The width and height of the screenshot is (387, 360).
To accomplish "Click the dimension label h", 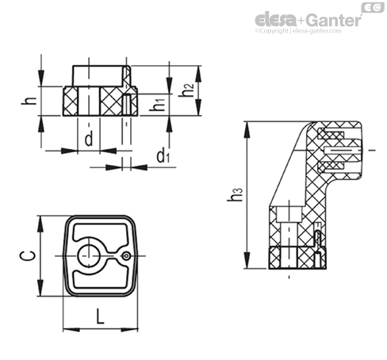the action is [x=29, y=101].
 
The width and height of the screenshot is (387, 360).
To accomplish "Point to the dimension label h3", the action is [x=235, y=195].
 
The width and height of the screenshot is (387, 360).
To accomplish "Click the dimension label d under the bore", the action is [x=89, y=139].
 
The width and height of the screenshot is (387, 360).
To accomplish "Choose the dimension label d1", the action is [x=163, y=156].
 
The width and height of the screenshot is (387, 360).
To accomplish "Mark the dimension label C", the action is [x=28, y=256].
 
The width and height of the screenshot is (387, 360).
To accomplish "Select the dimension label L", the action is [x=100, y=316].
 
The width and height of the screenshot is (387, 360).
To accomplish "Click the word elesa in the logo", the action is [x=275, y=20].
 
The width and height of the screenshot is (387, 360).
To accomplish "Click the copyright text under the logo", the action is [x=298, y=31].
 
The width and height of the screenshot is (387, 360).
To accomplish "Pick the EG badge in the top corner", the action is [x=373, y=7].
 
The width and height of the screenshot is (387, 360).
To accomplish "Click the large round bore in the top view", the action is [x=89, y=255].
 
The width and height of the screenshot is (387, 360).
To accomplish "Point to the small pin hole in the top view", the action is [x=127, y=255].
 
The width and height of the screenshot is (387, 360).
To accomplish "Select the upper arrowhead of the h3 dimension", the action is [x=247, y=129].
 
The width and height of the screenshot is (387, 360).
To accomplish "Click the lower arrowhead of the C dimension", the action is [x=40, y=288].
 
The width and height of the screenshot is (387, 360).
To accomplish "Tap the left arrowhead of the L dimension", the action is [x=71, y=329].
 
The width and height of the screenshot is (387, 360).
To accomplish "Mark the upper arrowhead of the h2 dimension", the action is [x=199, y=74].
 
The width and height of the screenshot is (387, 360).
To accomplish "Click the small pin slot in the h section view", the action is [x=127, y=105].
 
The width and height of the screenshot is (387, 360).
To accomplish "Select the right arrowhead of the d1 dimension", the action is [x=139, y=167].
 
